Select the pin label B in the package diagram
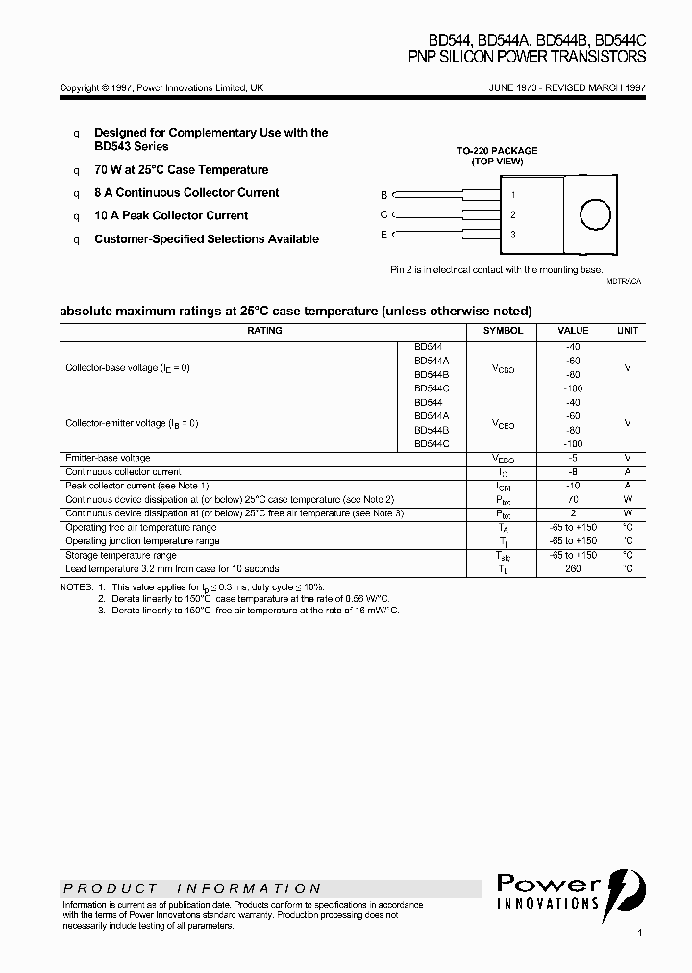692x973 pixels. point(383,194)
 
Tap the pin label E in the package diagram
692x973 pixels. point(383,235)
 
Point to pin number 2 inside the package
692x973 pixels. point(513,214)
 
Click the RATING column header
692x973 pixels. point(264,331)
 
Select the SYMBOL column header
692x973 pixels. point(503,331)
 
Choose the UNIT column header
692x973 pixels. point(627,331)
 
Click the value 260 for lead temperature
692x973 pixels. point(573,569)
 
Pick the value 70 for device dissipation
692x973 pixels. point(573,500)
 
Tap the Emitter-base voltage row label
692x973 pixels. point(108,459)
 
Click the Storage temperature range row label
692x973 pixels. point(120,556)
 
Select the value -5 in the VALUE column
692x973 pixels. point(573,459)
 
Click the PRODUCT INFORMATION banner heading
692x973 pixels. point(192,888)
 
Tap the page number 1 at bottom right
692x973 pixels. point(639,933)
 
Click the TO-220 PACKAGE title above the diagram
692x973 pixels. point(496,151)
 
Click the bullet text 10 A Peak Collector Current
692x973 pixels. point(171,216)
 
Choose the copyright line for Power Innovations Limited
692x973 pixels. point(161,88)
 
